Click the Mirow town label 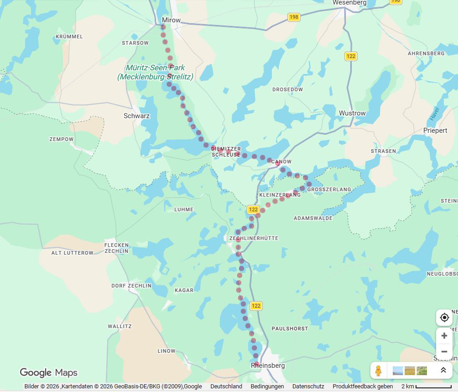tap(171, 20)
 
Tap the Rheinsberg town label tap(268, 366)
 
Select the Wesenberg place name tap(349, 3)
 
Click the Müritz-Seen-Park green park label tap(155, 72)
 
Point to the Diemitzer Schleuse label tap(226, 152)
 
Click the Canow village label tap(281, 162)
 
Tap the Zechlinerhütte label tap(254, 238)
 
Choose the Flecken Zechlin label tap(116, 248)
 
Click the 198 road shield tap(294, 17)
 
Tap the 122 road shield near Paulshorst tap(256, 306)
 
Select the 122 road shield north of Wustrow tap(351, 56)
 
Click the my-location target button tap(444, 318)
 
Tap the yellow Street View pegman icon tap(378, 371)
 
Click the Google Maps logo tap(48, 373)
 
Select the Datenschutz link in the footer tap(308, 387)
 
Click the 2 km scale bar tap(427, 387)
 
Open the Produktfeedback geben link tap(363, 387)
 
